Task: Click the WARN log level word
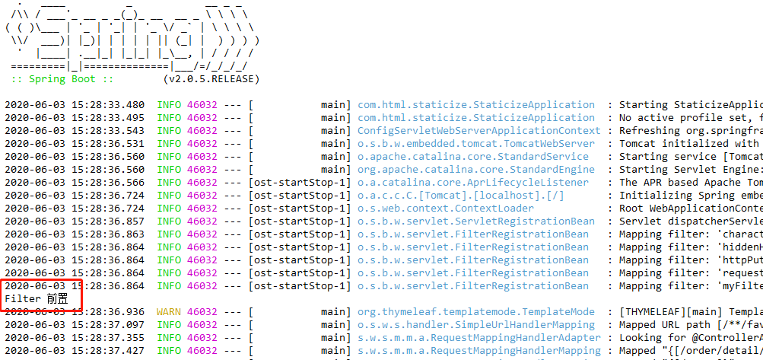(169, 312)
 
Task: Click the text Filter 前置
(36, 299)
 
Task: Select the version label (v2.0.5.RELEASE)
(211, 79)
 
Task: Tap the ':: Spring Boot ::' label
(62, 79)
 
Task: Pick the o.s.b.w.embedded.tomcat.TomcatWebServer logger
(476, 144)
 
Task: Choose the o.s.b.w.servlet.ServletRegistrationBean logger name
(476, 221)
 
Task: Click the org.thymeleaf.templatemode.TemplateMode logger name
(476, 312)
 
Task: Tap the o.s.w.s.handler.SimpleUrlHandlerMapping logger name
(476, 325)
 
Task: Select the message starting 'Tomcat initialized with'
(689, 144)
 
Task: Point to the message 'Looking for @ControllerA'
(689, 338)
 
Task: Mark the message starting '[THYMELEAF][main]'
(689, 312)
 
